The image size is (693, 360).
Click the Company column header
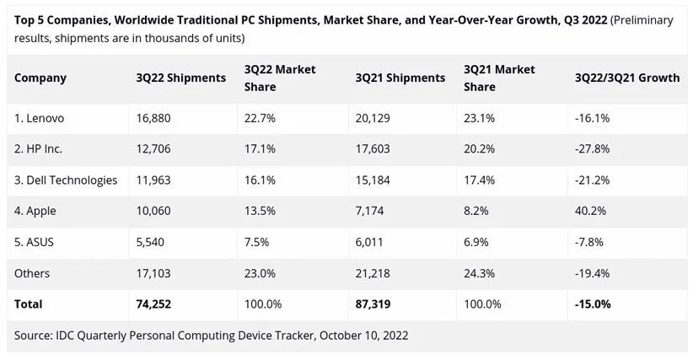40,78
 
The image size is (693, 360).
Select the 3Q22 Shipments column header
180,78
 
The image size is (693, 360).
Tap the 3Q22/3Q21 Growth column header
626,78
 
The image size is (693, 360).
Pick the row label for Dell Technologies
66,180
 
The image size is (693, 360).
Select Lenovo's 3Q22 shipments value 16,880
153,118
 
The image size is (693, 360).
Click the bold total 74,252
155,304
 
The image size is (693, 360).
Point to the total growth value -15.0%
593,304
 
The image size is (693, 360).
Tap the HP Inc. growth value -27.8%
594,148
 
